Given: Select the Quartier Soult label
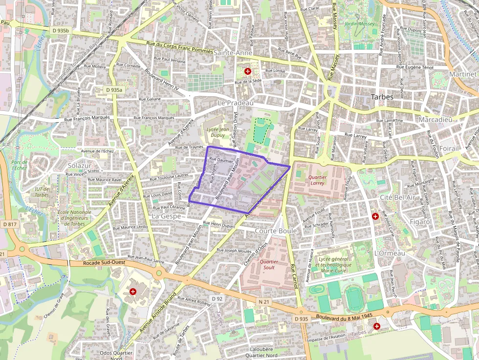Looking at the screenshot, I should (269, 265).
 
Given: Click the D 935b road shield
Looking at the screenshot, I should (61, 30).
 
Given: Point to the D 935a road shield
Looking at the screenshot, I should (114, 90).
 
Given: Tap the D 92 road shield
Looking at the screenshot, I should (218, 298).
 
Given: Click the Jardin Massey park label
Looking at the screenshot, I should (359, 23).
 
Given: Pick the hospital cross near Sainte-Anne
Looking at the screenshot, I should (248, 71).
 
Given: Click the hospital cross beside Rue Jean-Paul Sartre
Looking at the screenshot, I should (132, 292).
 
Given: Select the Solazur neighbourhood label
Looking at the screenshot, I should (80, 166).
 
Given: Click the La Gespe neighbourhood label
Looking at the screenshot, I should (166, 215).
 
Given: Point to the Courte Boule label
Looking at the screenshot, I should (276, 231).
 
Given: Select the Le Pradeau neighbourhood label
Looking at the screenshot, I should (236, 104).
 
